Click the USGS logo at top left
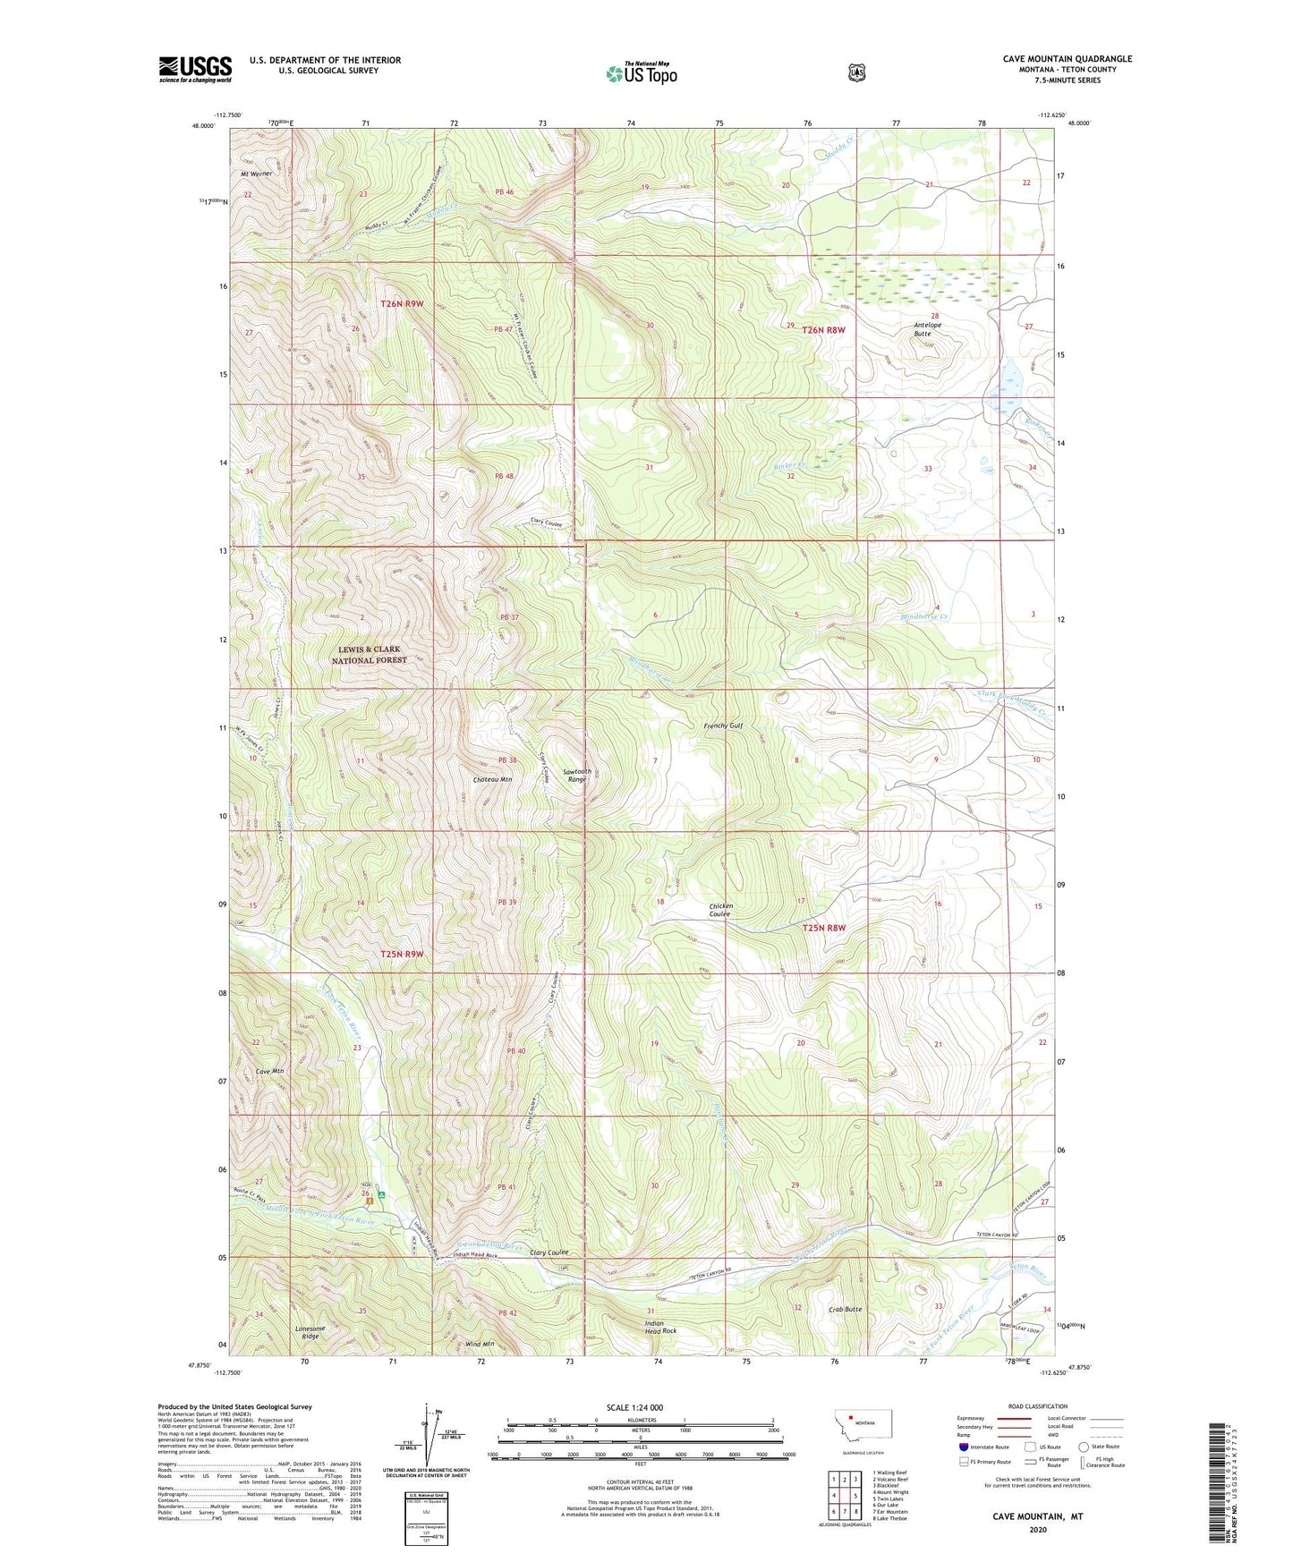195,69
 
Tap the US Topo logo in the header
640,73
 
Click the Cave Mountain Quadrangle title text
1067,59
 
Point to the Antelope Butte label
923,329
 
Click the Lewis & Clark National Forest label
369,654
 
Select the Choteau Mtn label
492,779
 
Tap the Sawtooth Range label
576,775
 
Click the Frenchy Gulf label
723,726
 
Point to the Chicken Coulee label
720,910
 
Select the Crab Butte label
846,1309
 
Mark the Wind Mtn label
481,1344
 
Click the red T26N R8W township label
823,330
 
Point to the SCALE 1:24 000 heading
634,1407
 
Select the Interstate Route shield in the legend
962,1447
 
